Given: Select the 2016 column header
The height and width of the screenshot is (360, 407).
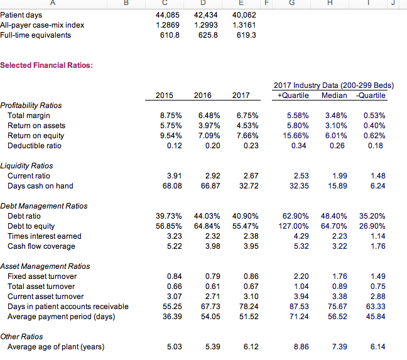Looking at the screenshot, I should [x=202, y=95].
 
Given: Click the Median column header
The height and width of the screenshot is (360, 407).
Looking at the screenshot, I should [x=334, y=95].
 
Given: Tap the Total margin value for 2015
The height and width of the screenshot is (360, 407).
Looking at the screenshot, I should [x=171, y=116].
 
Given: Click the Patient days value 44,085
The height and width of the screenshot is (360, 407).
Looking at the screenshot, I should [x=169, y=14].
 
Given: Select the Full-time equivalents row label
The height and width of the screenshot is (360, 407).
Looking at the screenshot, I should [x=36, y=35].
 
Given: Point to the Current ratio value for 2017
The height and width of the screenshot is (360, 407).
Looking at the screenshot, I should [x=242, y=176].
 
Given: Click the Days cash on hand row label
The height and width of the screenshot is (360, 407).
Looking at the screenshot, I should [x=40, y=186].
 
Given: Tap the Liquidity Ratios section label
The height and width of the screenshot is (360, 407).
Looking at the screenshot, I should [x=26, y=166].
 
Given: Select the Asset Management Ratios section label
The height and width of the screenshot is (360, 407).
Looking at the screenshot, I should [x=45, y=266].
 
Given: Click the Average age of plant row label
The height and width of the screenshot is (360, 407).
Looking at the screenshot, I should [x=55, y=347].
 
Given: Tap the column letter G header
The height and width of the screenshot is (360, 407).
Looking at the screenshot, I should [x=293, y=3].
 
